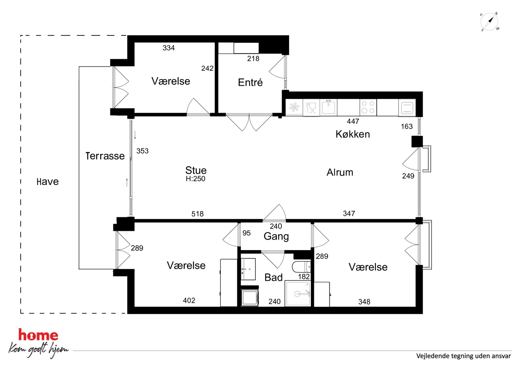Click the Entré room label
pos(250,82)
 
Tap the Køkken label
pos(353,134)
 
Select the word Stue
pos(196,170)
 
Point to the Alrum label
pos(340,172)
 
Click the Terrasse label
pos(105,156)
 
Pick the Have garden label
pos(48,182)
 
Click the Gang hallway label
pos(276,236)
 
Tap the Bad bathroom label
pos(273,278)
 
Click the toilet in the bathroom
pos(301,267)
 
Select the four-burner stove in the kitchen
pos(368,107)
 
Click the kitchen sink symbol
pos(328,107)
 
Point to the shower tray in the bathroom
pos(298,293)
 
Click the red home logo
pos(38,335)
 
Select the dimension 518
pos(197,214)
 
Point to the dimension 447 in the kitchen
pos(353,121)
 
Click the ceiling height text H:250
pos(195,179)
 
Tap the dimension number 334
pos(169,48)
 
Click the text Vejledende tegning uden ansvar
pos(463,356)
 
